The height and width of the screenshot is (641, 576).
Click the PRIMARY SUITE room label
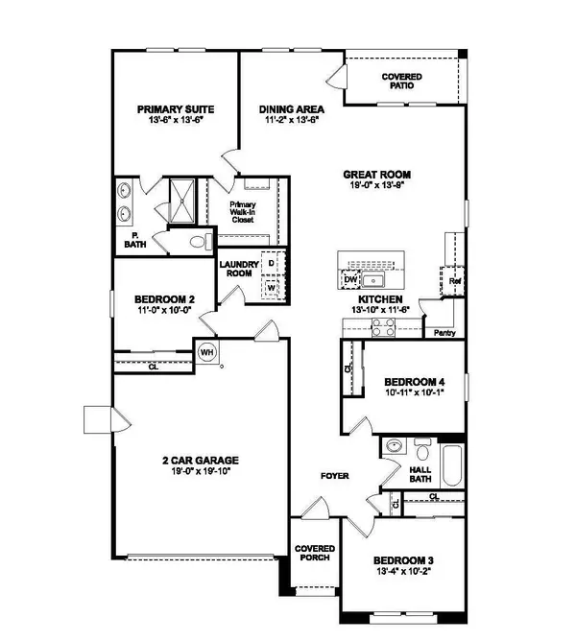(174, 109)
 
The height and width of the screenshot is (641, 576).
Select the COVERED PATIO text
(401, 81)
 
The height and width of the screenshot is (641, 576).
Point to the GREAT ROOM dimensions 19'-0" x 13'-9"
(377, 186)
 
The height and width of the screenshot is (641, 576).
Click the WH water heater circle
(206, 352)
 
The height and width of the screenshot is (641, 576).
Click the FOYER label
(335, 476)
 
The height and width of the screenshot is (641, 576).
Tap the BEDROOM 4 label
(406, 381)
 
